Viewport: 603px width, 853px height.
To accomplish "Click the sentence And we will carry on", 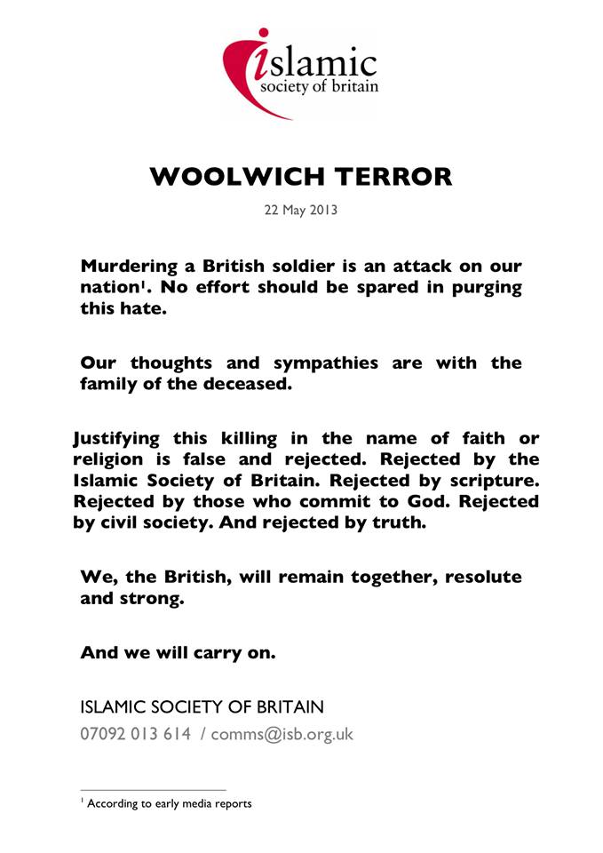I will click(179, 652).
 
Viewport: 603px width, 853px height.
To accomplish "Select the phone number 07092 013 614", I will click(135, 735).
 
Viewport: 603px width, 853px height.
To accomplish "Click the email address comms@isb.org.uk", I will click(283, 735).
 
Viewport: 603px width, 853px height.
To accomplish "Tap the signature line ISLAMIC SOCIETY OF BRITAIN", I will click(202, 707).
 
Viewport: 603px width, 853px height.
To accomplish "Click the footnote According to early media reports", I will click(170, 803).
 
